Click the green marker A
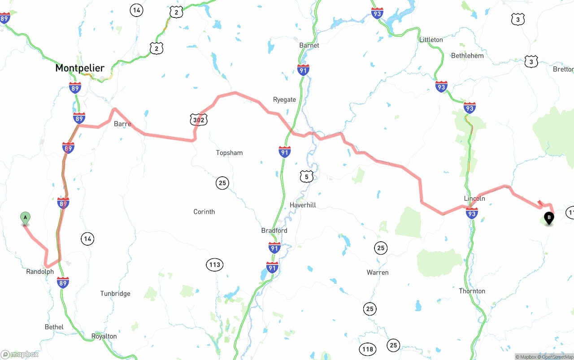point(26,218)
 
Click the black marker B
point(548,218)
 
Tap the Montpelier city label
point(80,68)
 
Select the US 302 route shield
point(198,120)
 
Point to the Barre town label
point(122,124)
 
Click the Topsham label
point(229,153)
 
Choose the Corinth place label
point(204,212)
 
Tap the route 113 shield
point(215,265)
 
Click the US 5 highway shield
point(306,177)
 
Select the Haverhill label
point(303,205)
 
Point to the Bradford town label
point(274,230)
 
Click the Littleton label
point(431,39)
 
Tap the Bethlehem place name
point(467,56)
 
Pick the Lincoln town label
point(474,198)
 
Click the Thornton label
point(472,291)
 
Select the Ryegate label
point(284,100)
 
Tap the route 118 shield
point(368,349)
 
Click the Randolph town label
point(40,272)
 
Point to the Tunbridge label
point(115,294)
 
